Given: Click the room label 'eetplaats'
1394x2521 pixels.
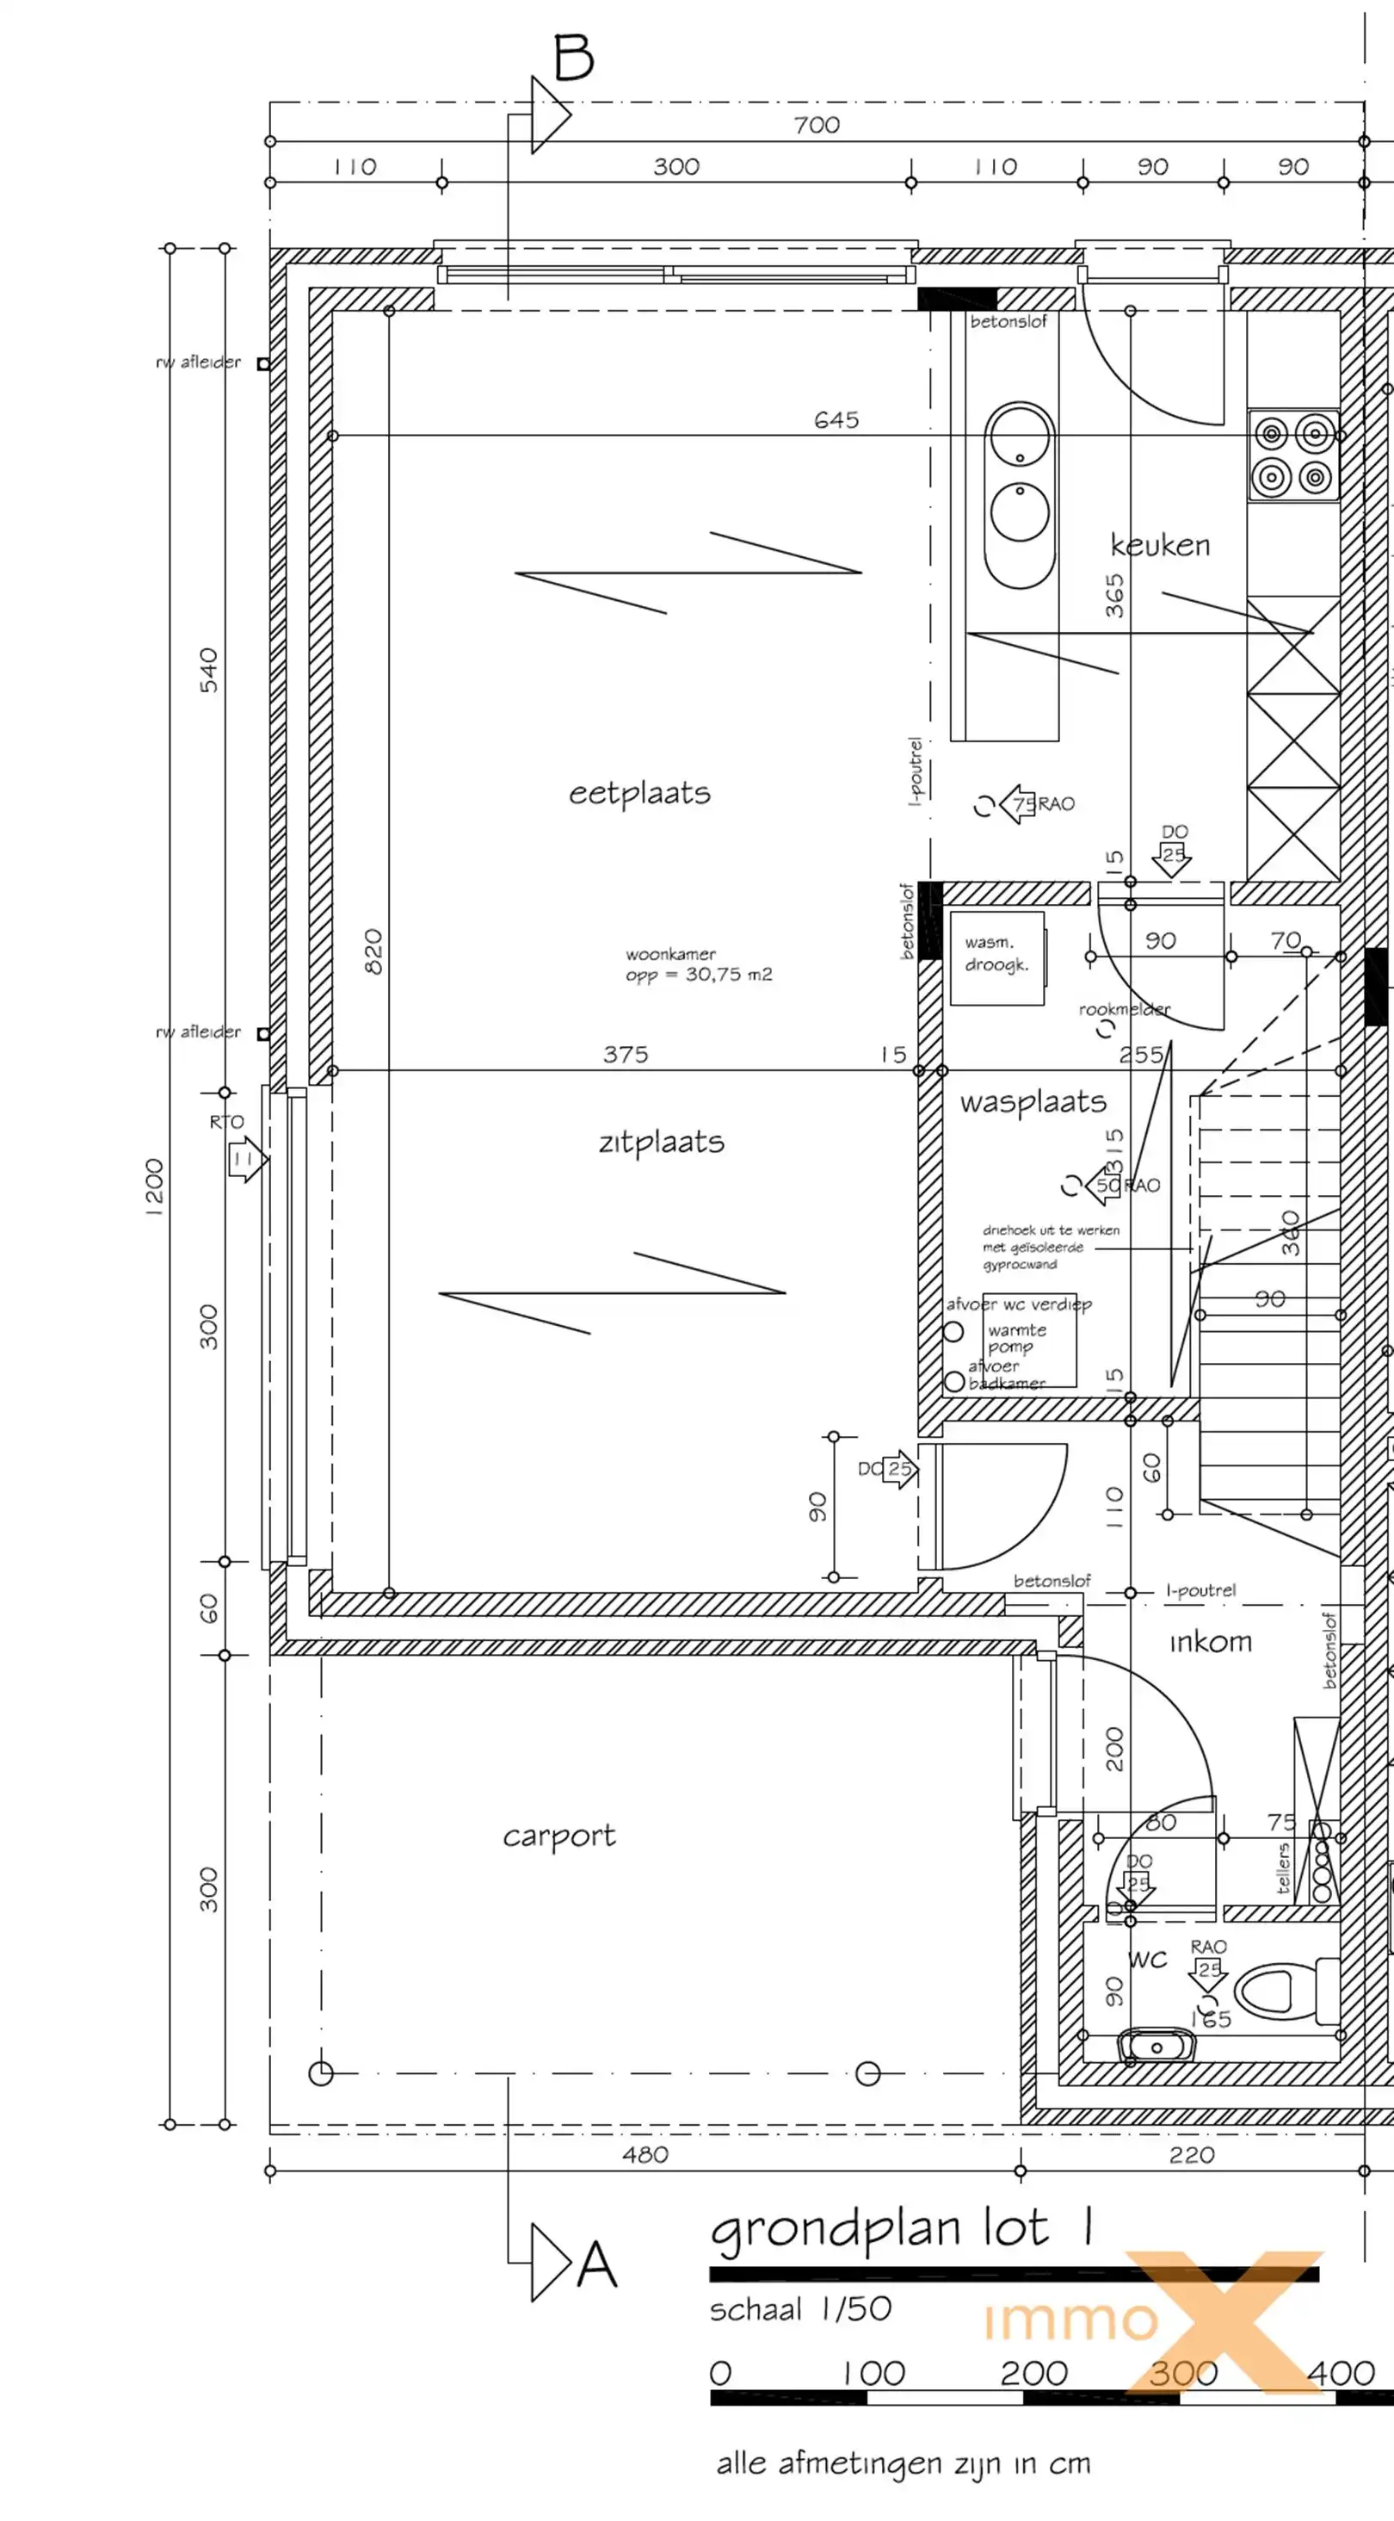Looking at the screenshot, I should (639, 793).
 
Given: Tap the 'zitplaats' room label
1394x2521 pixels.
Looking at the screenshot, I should (662, 1141).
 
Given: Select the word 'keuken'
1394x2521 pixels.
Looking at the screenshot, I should (1160, 545).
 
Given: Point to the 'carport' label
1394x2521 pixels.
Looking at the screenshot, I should (558, 1836).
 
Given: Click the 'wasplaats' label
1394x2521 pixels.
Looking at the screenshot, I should (1033, 1102).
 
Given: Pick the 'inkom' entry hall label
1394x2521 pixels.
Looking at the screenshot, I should (1210, 1641).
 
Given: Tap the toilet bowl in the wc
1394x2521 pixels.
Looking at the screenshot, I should (1281, 1990).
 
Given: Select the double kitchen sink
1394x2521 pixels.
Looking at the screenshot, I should (1020, 494).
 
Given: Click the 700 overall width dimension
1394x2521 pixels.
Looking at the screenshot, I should (817, 125).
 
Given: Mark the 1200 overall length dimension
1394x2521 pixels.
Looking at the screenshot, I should (153, 1186).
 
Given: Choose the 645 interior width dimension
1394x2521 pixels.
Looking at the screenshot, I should (836, 420).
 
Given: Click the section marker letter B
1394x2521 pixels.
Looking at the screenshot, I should (574, 58).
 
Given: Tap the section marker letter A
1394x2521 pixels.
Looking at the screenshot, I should (596, 2264).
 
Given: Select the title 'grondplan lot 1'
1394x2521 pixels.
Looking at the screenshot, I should (900, 2230).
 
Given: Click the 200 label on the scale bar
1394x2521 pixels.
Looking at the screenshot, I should (1033, 2372).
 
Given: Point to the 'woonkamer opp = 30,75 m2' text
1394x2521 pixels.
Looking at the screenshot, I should (699, 964).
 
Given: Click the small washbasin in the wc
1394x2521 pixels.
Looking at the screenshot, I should (1156, 2046).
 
